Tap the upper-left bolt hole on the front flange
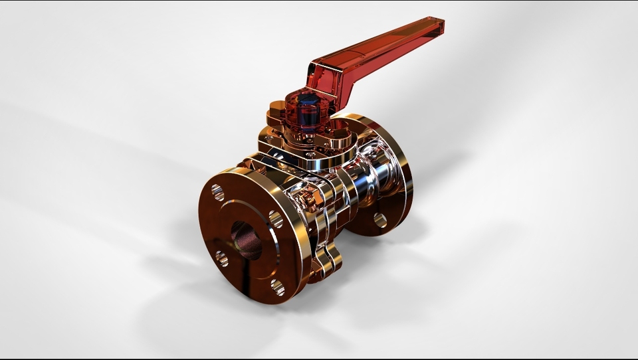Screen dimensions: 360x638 [x=218, y=193]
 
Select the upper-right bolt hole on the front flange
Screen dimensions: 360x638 [x=275, y=219]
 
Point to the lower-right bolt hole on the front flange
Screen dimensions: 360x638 [x=278, y=287]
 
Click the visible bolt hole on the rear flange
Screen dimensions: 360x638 [x=379, y=220]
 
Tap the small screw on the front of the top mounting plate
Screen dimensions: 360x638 [x=310, y=155]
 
